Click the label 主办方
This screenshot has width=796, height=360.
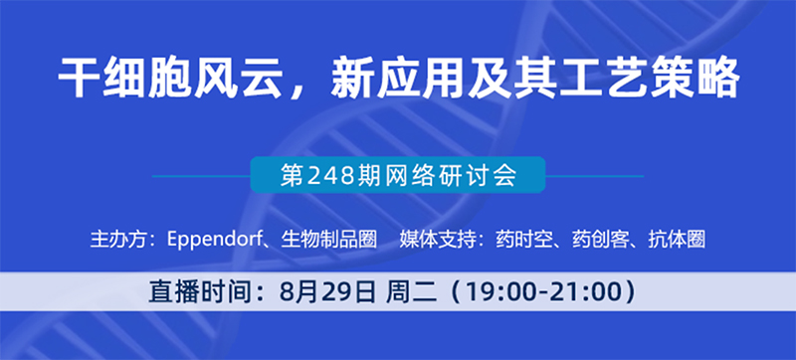[117, 240]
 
